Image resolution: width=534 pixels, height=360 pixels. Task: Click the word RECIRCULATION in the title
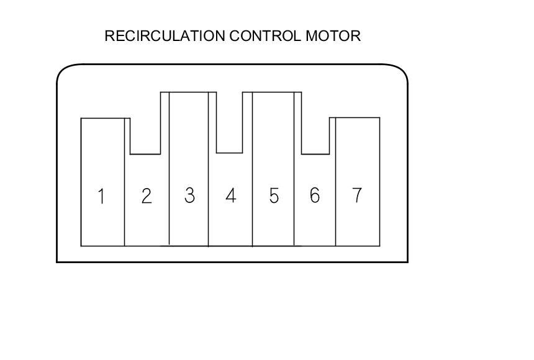pos(165,36)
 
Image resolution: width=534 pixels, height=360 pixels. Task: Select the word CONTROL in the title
pos(265,36)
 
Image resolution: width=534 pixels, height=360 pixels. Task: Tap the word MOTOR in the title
pos(332,36)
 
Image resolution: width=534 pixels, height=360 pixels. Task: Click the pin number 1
pos(101,197)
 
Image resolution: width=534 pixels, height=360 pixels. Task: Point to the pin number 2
pos(146,196)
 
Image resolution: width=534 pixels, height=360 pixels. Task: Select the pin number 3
pos(189,196)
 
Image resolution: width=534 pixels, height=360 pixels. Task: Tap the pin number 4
pos(230,196)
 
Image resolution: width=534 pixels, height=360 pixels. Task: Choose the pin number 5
pos(274,196)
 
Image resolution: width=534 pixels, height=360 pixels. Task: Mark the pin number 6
pos(315,196)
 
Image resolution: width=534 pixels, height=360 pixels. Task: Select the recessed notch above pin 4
pos(229,122)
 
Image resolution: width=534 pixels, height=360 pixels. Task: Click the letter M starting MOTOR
pos(311,36)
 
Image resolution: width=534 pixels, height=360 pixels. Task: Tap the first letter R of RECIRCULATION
pos(109,36)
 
